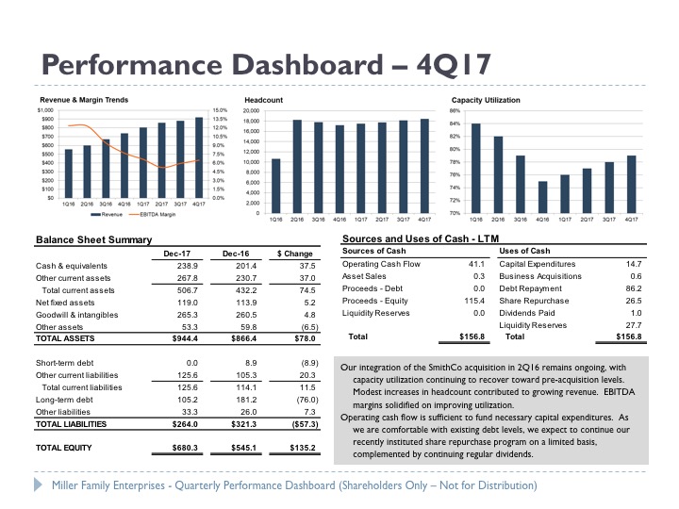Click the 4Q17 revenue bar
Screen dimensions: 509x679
199,157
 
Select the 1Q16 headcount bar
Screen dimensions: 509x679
275,186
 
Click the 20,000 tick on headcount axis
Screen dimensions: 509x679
250,110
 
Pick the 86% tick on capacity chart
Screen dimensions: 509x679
455,110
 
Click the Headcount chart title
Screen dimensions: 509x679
263,99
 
